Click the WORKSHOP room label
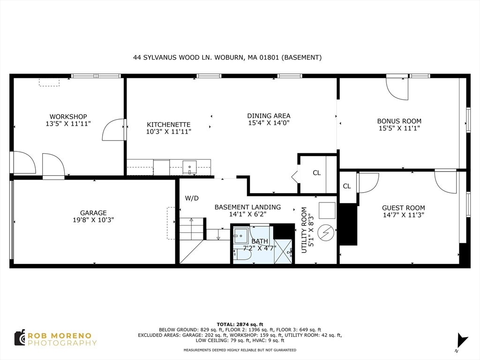pyautogui.click(x=68, y=117)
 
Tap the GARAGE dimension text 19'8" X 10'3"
pyautogui.click(x=93, y=220)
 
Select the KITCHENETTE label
pyautogui.click(x=169, y=125)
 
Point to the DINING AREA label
pyautogui.click(x=269, y=116)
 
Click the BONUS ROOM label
pyautogui.click(x=399, y=121)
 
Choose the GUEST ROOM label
pyautogui.click(x=404, y=208)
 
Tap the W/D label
pyautogui.click(x=192, y=198)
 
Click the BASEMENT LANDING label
pyautogui.click(x=247, y=207)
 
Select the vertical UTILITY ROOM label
pyautogui.click(x=304, y=230)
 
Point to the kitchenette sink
pyautogui.click(x=189, y=167)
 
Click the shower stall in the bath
pyautogui.click(x=284, y=251)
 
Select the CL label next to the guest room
pyautogui.click(x=347, y=186)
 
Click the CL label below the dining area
pyautogui.click(x=317, y=173)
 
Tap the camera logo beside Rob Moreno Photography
pyautogui.click(x=20, y=338)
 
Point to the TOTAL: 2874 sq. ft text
pyautogui.click(x=240, y=324)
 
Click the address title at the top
pyautogui.click(x=227, y=57)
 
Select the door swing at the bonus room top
pyautogui.click(x=397, y=89)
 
